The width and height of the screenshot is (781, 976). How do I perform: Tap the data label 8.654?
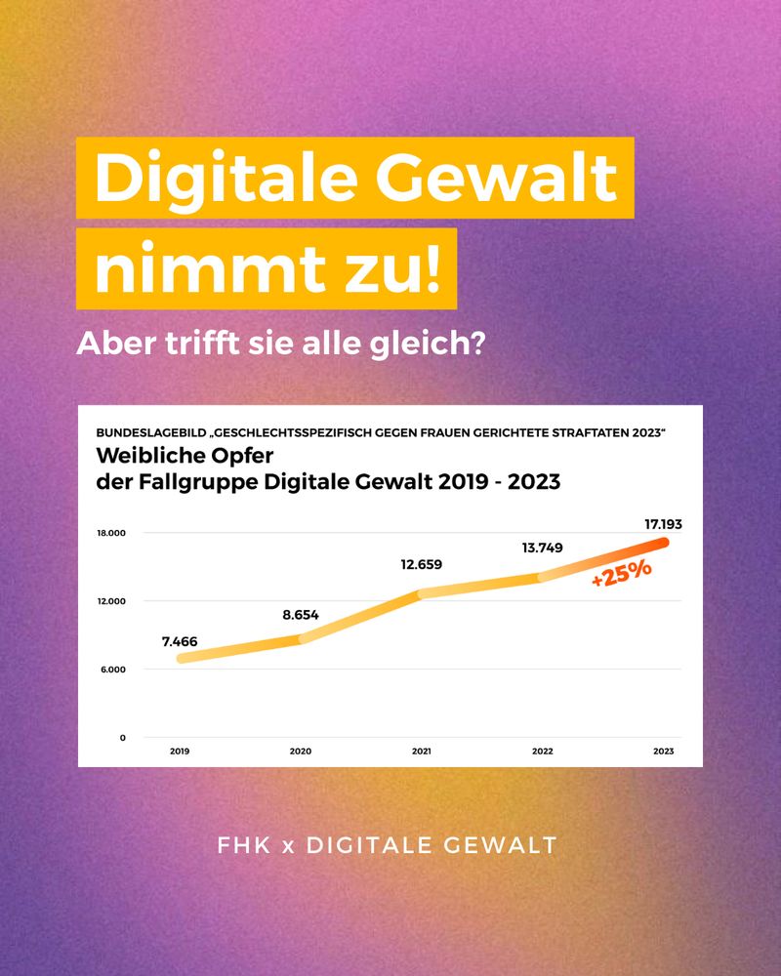coord(301,615)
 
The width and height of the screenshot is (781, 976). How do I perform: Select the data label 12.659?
coord(422,563)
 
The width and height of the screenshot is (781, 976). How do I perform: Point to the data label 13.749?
coord(543,548)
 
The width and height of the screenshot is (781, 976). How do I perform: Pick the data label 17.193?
coord(663,524)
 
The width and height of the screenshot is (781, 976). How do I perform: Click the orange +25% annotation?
coord(622,572)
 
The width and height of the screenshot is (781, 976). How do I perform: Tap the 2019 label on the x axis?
coord(180,752)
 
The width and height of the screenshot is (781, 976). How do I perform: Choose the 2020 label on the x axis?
coord(301,752)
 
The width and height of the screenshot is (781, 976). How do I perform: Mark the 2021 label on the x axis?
coord(422,752)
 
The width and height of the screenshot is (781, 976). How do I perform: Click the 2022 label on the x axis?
coord(543,752)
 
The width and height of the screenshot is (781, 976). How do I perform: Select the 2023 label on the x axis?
coord(663,752)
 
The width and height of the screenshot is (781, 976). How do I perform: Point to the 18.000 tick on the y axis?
coord(111,533)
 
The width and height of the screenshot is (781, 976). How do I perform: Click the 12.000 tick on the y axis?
coord(111,601)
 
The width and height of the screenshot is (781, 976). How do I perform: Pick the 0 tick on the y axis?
coord(123,738)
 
